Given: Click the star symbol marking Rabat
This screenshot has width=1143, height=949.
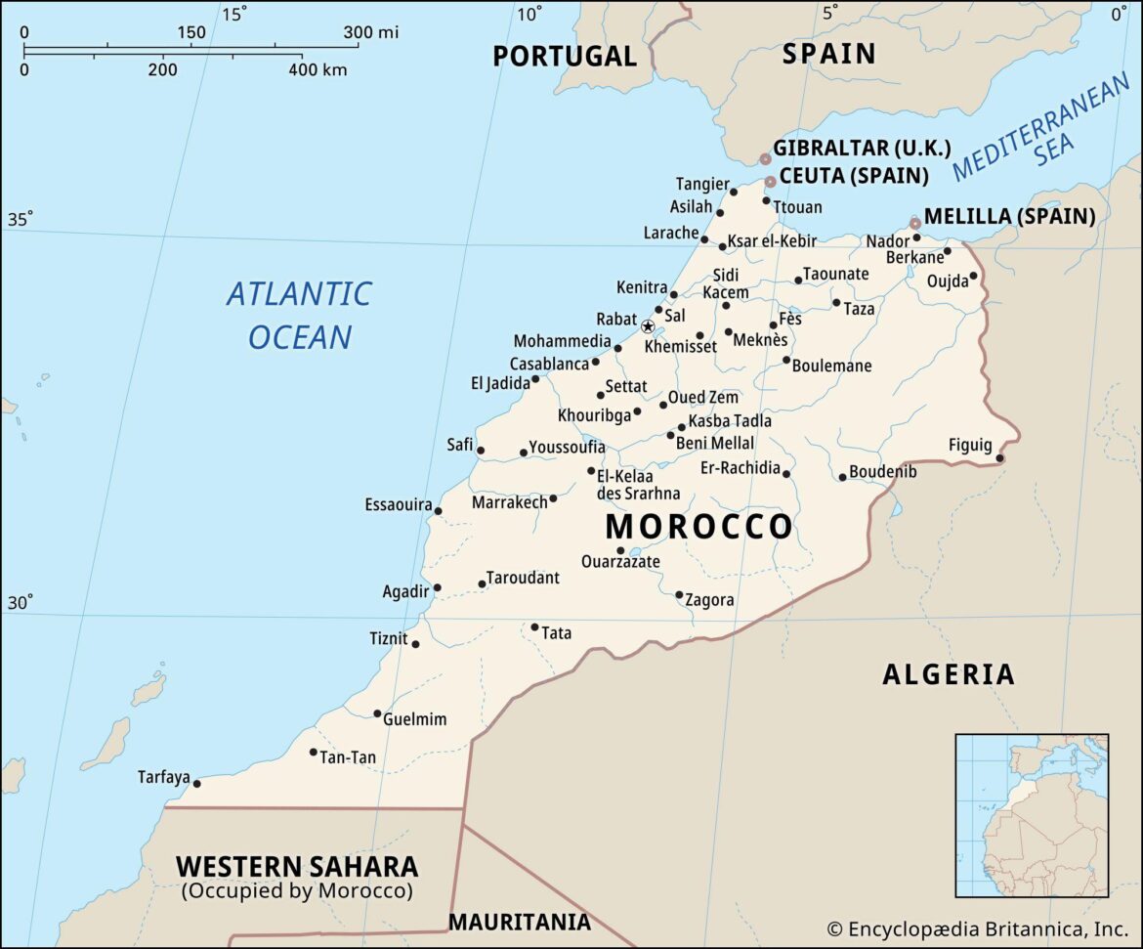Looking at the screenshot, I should pyautogui.click(x=647, y=325).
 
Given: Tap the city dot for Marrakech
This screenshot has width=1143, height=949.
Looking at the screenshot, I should pyautogui.click(x=553, y=498).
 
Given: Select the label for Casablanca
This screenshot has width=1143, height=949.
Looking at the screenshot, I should pyautogui.click(x=549, y=364).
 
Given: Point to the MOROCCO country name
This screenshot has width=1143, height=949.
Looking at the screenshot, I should pyautogui.click(x=698, y=527).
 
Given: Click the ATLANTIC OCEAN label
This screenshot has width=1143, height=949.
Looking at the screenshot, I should pyautogui.click(x=299, y=315).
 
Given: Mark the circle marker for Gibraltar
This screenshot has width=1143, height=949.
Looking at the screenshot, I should pyautogui.click(x=766, y=158).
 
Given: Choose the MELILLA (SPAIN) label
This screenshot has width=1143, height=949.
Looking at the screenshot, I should pyautogui.click(x=1009, y=217).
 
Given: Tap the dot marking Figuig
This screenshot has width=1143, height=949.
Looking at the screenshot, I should pyautogui.click(x=999, y=457).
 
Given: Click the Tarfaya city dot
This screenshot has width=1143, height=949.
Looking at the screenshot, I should pyautogui.click(x=196, y=783).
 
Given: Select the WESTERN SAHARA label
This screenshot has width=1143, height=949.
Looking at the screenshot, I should pyautogui.click(x=297, y=867).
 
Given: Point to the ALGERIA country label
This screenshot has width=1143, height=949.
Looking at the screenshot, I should pyautogui.click(x=948, y=674).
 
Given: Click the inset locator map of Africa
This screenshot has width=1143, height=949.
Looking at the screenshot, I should pyautogui.click(x=1032, y=815).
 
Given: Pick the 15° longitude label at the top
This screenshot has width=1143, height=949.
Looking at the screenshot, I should pyautogui.click(x=234, y=13).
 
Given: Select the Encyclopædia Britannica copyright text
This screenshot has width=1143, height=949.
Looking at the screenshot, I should pyautogui.click(x=977, y=928).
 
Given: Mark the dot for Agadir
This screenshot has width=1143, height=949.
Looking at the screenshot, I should pyautogui.click(x=437, y=587).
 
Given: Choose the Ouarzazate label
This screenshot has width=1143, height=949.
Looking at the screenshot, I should pyautogui.click(x=620, y=562).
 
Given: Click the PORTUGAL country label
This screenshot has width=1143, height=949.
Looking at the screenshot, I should pyautogui.click(x=564, y=56).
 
